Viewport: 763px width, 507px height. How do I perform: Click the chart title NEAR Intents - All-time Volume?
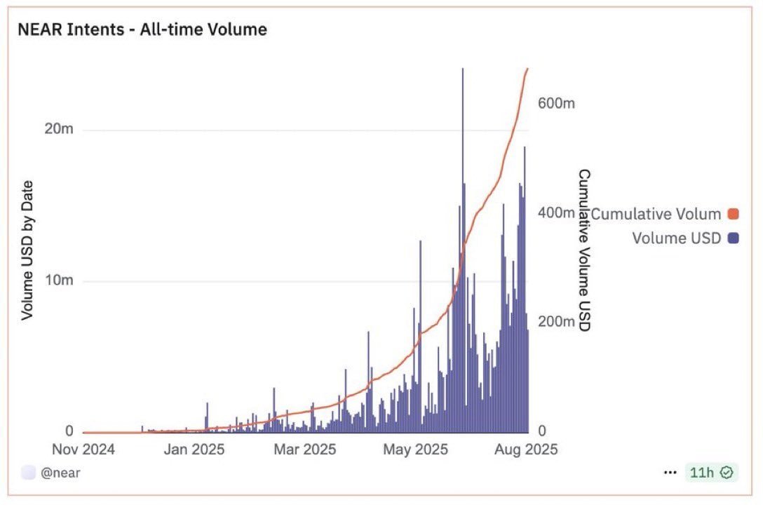point(142,29)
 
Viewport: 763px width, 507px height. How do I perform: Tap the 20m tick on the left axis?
point(58,130)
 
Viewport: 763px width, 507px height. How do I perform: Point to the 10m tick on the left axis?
point(58,281)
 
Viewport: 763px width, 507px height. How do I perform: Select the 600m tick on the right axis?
point(557,103)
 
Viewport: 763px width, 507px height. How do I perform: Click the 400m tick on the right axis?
point(557,212)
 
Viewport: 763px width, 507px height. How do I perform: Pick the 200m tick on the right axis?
point(557,322)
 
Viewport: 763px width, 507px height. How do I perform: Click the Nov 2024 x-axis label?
point(83,449)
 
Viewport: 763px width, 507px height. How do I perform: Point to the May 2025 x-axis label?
point(414,449)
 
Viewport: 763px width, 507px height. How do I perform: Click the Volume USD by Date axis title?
point(27,250)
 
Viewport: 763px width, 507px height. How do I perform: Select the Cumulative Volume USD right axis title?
point(583,250)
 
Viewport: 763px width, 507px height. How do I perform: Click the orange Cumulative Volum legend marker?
point(734,215)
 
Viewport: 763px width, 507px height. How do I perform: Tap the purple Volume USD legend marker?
point(734,238)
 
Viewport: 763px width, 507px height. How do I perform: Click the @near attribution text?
point(60,473)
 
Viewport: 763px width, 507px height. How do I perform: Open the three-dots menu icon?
point(670,473)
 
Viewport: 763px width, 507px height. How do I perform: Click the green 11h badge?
point(711,473)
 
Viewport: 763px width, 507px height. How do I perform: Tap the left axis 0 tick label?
point(69,431)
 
